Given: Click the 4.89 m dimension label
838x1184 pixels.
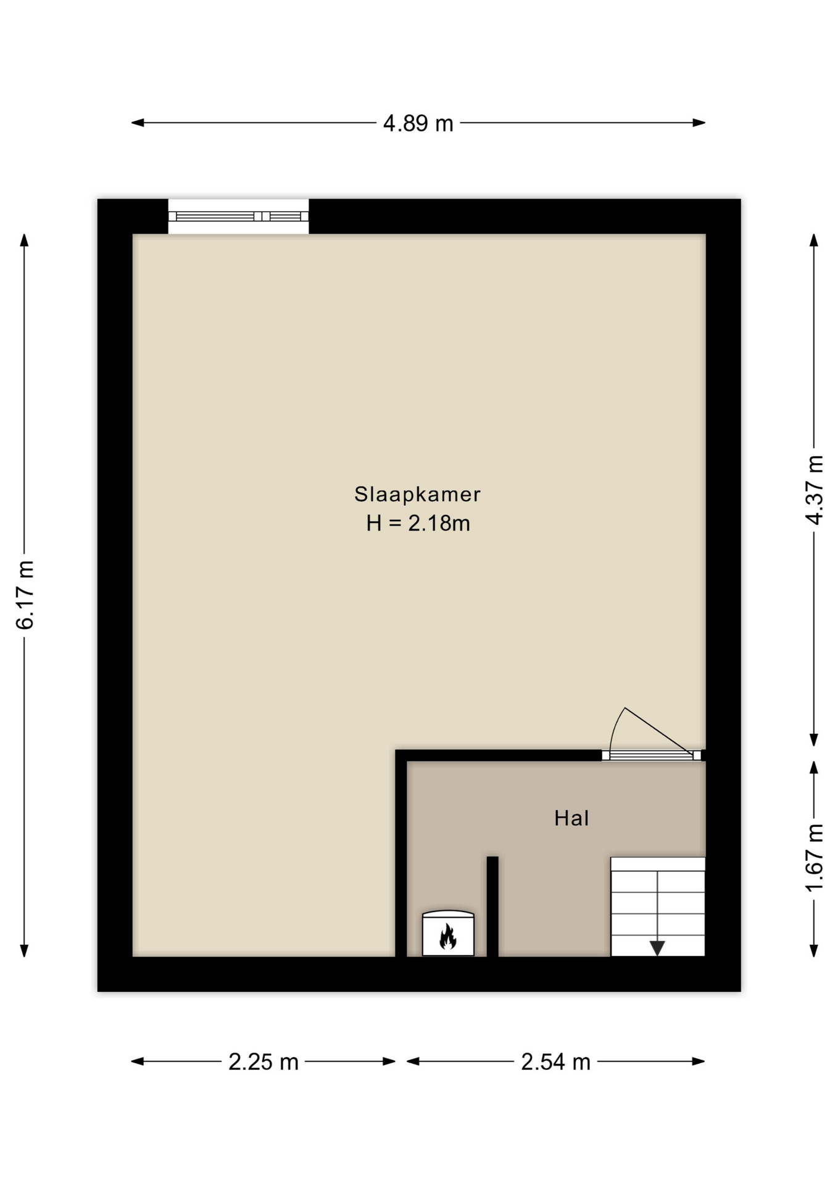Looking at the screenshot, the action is click(x=418, y=123).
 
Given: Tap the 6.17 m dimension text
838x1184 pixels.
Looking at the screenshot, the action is click(x=25, y=594).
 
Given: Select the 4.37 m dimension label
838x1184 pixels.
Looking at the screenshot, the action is click(x=815, y=490).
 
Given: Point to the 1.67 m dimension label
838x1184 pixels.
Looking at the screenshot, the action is click(x=815, y=857).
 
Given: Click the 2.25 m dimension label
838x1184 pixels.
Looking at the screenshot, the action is click(x=263, y=1062).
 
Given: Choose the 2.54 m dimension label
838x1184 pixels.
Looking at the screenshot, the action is click(x=555, y=1062).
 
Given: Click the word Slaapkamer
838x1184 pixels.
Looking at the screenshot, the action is click(x=417, y=494).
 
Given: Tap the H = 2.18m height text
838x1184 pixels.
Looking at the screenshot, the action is click(x=418, y=523).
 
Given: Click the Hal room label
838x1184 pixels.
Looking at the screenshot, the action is click(x=571, y=818).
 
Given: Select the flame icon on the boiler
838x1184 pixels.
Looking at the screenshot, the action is click(x=447, y=935).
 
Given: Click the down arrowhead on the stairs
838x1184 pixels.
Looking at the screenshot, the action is click(x=657, y=948).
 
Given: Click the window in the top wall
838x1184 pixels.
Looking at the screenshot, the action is click(x=238, y=216).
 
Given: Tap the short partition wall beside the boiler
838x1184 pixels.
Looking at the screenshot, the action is click(x=492, y=906).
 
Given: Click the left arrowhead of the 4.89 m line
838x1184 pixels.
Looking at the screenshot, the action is click(x=138, y=123).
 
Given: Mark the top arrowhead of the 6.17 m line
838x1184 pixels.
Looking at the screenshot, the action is click(x=25, y=240).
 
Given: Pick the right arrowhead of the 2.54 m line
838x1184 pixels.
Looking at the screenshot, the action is click(x=699, y=1061).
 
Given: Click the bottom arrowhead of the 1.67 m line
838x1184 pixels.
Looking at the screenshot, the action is click(x=814, y=950).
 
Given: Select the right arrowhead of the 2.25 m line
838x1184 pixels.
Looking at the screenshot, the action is click(x=389, y=1061).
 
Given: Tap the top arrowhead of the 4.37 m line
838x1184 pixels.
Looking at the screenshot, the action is click(x=814, y=240).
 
